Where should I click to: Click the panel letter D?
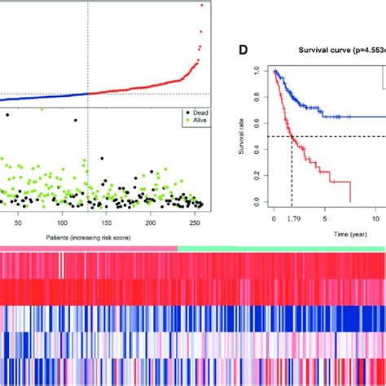click(x=243, y=50)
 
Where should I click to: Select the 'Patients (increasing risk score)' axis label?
click(x=78, y=235)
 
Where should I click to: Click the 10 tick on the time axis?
click(x=378, y=218)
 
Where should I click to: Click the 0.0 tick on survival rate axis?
click(x=260, y=201)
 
